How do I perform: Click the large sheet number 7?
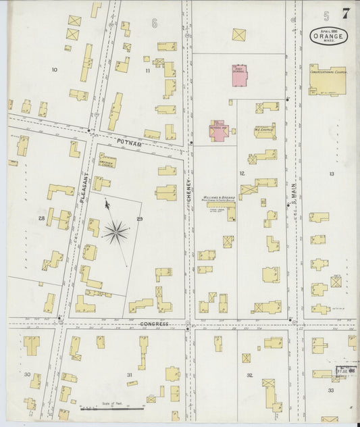(346, 13)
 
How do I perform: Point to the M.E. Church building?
(264, 130)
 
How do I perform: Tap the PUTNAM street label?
(128, 143)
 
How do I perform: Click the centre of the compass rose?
(116, 232)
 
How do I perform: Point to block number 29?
(140, 219)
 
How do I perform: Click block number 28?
(41, 218)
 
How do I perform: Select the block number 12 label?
(241, 173)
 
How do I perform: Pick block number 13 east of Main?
(331, 174)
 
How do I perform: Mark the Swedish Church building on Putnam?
(106, 163)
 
